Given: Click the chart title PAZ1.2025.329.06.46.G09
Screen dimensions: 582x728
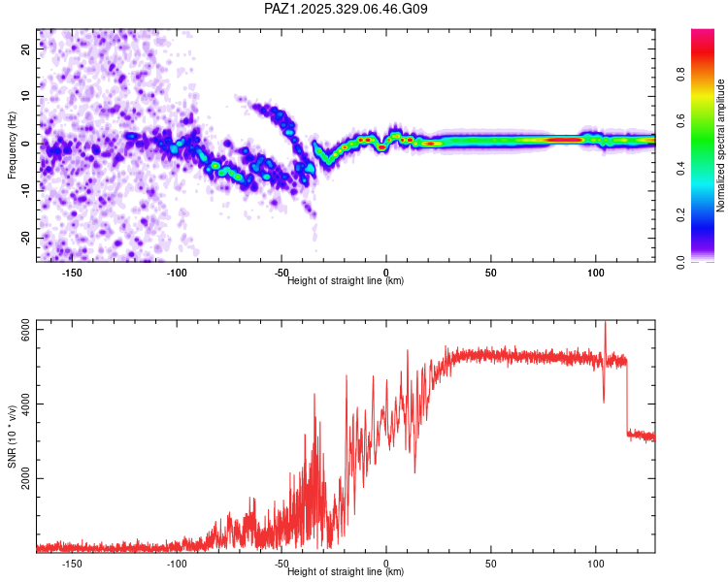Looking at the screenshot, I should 347,9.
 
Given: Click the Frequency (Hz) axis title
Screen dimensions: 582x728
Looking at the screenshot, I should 12,145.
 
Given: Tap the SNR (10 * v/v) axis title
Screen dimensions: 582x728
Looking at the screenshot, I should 12,437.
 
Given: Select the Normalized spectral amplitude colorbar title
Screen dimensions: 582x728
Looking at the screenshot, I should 721,145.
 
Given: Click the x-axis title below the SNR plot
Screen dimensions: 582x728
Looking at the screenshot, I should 346,572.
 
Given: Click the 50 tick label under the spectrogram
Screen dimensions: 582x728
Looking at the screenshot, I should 491,274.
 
